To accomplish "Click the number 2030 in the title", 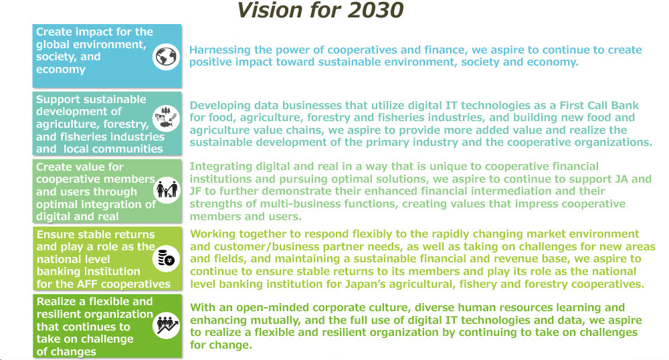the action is coord(375,10).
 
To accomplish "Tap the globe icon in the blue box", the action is coord(166,57).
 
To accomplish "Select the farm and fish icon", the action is coord(166,118).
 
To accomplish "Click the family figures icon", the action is coord(167,190).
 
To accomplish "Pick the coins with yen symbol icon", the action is coord(166,259).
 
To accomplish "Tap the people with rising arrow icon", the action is coord(166,325).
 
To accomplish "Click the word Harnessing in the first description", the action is coord(219,50).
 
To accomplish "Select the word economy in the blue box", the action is coord(61,70).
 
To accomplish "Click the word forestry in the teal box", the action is coord(126,124).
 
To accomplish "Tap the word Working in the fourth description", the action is coord(213,234).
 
